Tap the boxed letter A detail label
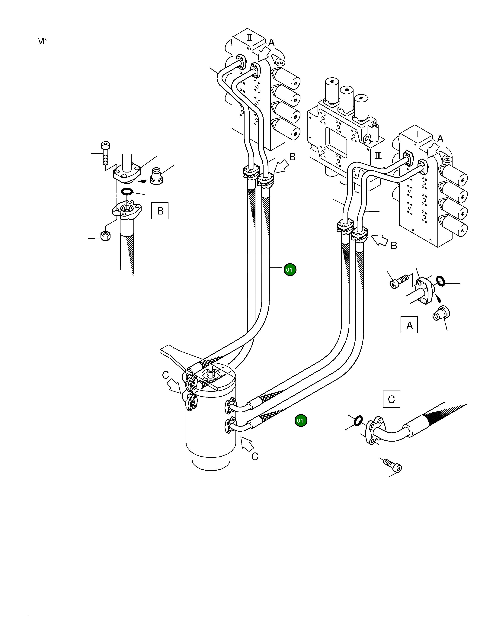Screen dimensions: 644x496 coord(409,325)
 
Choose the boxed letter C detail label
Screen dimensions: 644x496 coord(391,399)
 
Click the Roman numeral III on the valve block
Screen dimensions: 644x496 coord(378,155)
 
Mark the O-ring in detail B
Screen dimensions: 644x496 coord(127,192)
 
